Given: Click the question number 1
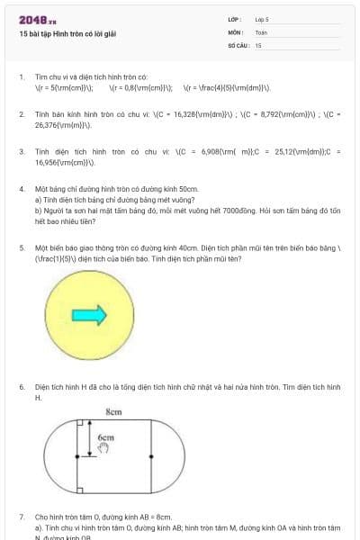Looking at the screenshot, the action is [21, 77].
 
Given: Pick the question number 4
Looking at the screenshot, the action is [21, 189].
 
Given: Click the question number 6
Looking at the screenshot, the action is [21, 386].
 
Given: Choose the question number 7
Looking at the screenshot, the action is [21, 517].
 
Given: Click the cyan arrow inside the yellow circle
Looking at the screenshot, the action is [90, 314].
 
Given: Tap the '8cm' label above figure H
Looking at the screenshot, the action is [113, 411].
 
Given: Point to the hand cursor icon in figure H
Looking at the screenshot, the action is [103, 447].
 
